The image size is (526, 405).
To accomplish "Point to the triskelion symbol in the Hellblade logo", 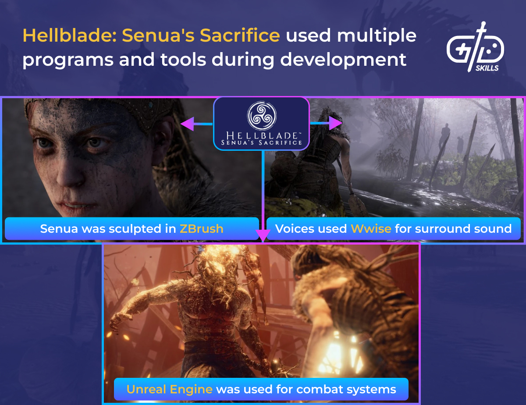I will [261, 115].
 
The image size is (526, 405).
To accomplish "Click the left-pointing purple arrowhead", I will [188, 124].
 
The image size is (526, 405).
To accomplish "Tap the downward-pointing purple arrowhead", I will [262, 236].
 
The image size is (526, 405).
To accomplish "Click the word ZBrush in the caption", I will [201, 229].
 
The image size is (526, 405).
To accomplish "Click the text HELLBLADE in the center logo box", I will [261, 134].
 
